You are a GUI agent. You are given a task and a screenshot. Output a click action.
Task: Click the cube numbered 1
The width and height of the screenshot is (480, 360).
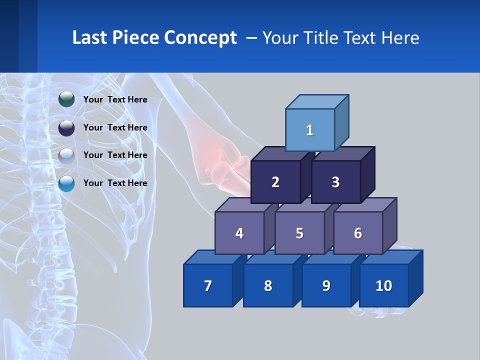click(x=309, y=130)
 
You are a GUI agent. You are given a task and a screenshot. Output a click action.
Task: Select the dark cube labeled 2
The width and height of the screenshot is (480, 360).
click(x=275, y=182)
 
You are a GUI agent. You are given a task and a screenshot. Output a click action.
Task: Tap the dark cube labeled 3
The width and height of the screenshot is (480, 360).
click(x=335, y=182)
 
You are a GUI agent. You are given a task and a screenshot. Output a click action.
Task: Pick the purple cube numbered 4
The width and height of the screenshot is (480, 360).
click(x=239, y=233)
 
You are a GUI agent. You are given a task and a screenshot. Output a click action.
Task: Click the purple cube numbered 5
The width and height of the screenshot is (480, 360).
click(x=299, y=233)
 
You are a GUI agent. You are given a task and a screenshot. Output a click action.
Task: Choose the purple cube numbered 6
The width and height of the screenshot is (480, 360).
click(x=357, y=233)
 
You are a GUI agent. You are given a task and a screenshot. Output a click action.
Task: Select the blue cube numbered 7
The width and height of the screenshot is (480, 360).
click(x=208, y=285)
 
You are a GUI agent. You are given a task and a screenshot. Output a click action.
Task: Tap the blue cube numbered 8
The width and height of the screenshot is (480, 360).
click(x=268, y=285)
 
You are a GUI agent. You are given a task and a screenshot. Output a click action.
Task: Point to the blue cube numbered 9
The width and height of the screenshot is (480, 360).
click(x=326, y=285)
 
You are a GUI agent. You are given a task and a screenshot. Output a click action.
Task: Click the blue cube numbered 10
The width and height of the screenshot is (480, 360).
click(x=383, y=285)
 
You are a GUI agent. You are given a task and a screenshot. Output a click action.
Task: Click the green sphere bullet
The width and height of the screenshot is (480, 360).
click(x=66, y=99)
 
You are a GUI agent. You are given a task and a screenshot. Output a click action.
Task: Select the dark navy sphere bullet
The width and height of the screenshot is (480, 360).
click(x=66, y=127)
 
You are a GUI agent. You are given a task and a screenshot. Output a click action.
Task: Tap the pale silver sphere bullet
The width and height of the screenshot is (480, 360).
click(x=66, y=155)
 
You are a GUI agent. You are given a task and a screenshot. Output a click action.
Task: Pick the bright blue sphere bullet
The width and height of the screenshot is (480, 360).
click(x=66, y=183)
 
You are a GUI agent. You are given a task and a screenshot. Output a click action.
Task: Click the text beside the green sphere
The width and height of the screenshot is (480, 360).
click(x=115, y=99)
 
